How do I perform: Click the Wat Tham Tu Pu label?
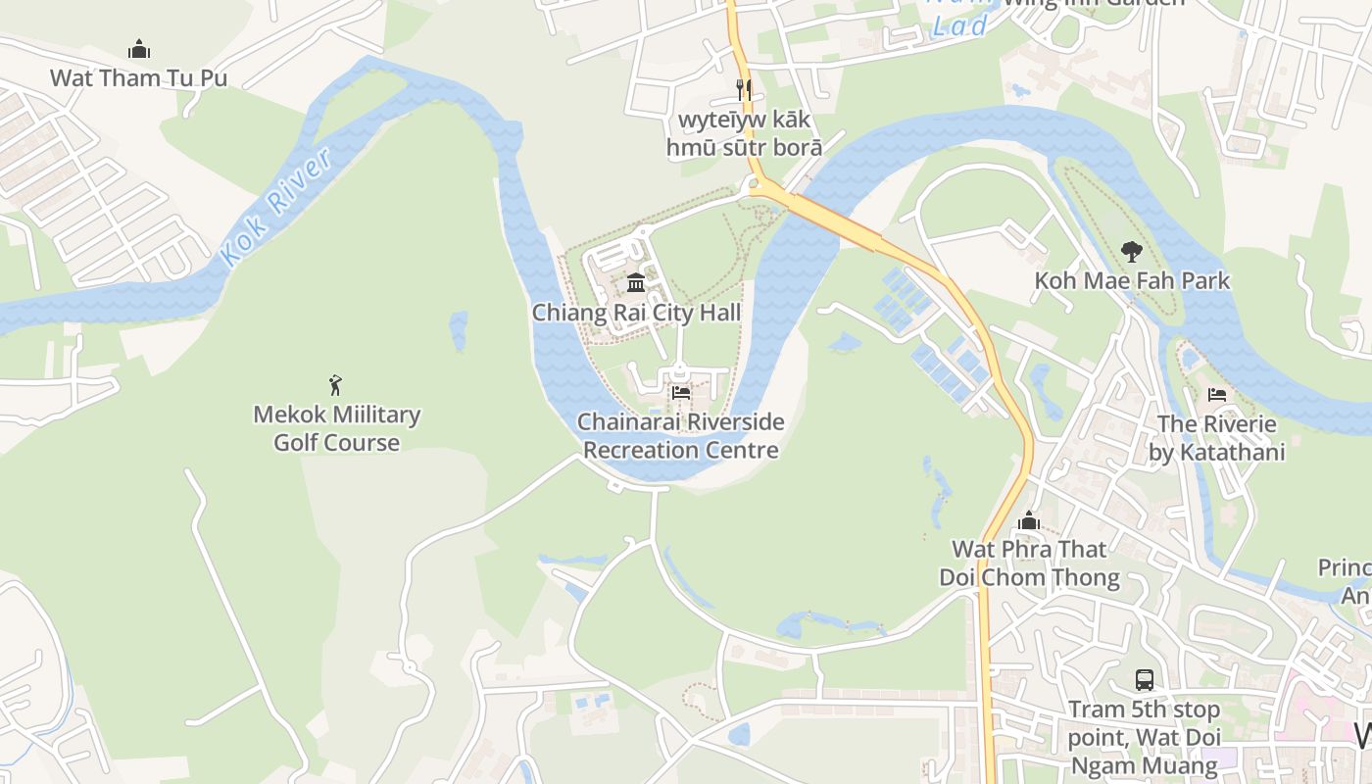click(x=138, y=77)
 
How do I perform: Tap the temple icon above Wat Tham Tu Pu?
click(x=139, y=49)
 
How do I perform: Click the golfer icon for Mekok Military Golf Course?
click(x=336, y=385)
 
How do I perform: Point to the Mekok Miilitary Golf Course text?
click(x=336, y=428)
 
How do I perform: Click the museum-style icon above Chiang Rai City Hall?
click(x=636, y=283)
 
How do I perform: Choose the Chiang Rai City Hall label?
click(x=636, y=313)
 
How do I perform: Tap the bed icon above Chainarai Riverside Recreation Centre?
click(x=681, y=393)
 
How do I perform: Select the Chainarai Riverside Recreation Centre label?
click(x=681, y=436)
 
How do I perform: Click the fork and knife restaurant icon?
click(x=744, y=90)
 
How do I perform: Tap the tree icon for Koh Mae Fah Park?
click(x=1131, y=252)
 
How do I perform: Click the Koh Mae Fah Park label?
click(x=1132, y=281)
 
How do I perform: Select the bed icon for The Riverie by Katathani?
click(x=1216, y=395)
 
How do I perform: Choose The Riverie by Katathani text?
click(x=1216, y=438)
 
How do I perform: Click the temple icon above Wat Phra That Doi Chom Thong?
click(x=1029, y=520)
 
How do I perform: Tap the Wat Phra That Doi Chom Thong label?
click(x=1029, y=563)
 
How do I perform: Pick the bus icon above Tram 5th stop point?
click(x=1144, y=679)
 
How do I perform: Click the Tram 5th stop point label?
click(x=1144, y=736)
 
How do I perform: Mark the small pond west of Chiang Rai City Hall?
click(x=458, y=330)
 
